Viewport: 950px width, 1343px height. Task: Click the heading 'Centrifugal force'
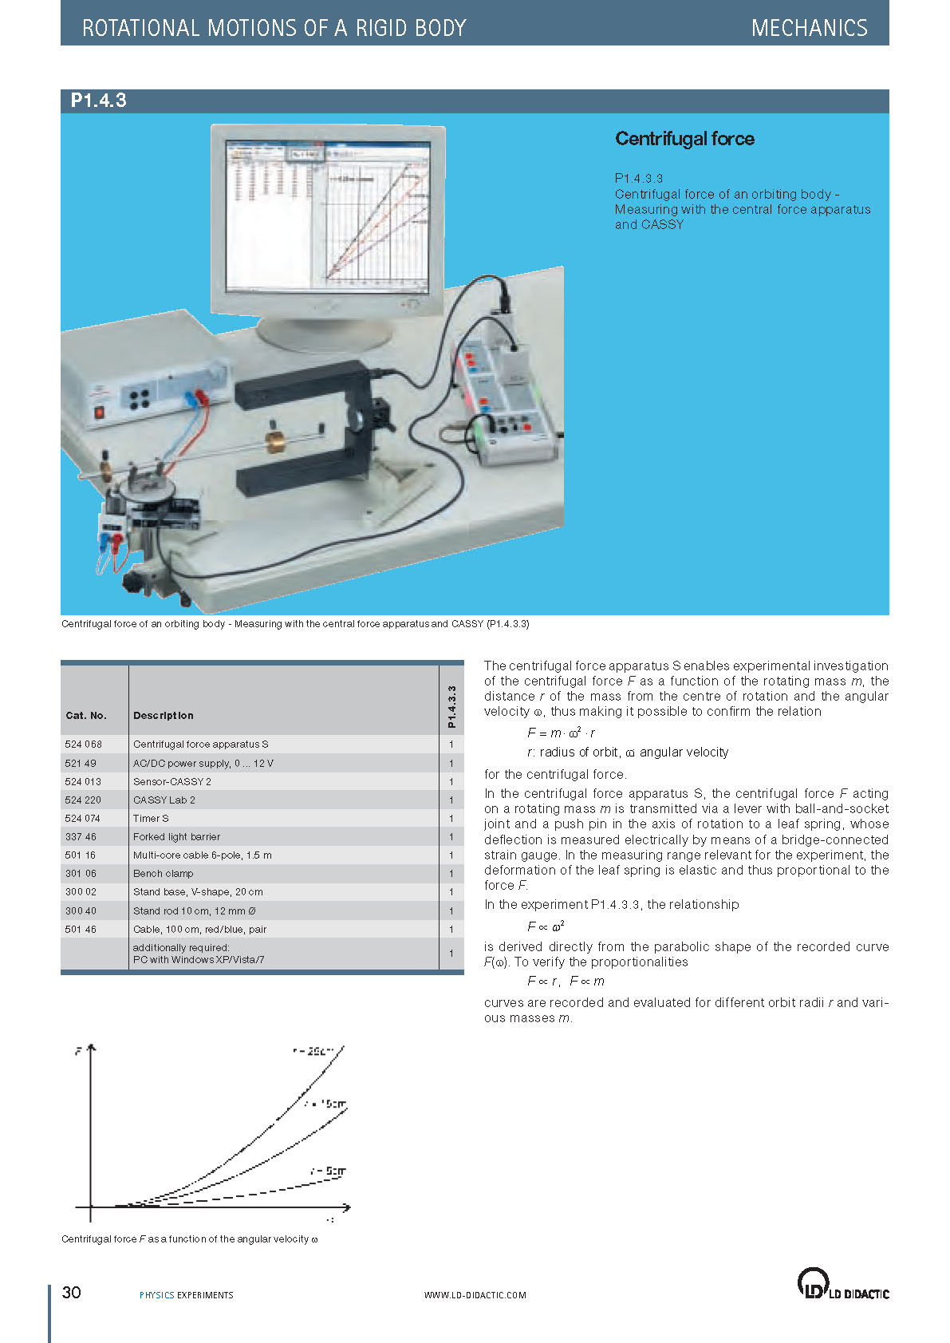pyautogui.click(x=684, y=139)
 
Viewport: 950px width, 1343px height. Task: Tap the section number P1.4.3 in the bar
pyautogui.click(x=98, y=101)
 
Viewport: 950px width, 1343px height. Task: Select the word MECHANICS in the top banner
pyautogui.click(x=809, y=28)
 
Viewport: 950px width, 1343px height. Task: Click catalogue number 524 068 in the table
pyautogui.click(x=83, y=745)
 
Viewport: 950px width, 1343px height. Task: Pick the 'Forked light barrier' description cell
pyautogui.click(x=176, y=837)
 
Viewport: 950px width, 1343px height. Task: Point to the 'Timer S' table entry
pyautogui.click(x=151, y=819)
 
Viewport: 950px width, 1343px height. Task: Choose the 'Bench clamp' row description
pyautogui.click(x=163, y=874)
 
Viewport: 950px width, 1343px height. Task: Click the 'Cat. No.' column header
pyautogui.click(x=85, y=716)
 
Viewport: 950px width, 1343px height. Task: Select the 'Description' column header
pyautogui.click(x=163, y=716)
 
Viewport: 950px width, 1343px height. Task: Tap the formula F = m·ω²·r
pyautogui.click(x=561, y=733)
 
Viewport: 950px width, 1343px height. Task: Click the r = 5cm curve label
pyautogui.click(x=328, y=1171)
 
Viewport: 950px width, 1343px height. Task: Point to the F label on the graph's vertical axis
pyautogui.click(x=78, y=1051)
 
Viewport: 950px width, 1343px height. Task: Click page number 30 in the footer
pyautogui.click(x=72, y=1293)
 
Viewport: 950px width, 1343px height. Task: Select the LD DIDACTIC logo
pyautogui.click(x=842, y=1284)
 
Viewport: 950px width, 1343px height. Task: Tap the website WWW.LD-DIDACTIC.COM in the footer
pyautogui.click(x=475, y=1295)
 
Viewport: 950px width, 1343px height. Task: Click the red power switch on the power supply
pyautogui.click(x=100, y=413)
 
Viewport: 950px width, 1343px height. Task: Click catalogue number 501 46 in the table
pyautogui.click(x=81, y=930)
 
